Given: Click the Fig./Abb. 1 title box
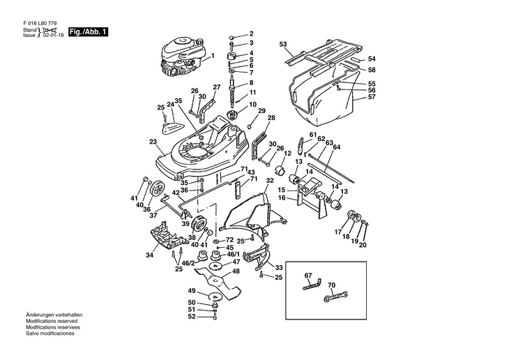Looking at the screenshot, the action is pyautogui.click(x=88, y=32).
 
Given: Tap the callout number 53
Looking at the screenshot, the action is pyautogui.click(x=283, y=44).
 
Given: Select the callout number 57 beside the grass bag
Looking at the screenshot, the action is pyautogui.click(x=372, y=97).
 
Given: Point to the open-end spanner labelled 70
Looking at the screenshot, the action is pyautogui.click(x=336, y=296).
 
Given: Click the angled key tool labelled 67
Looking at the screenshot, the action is pyautogui.click(x=312, y=284).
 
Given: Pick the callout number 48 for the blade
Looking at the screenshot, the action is pyautogui.click(x=236, y=271).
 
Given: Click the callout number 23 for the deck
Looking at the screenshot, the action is pyautogui.click(x=153, y=142).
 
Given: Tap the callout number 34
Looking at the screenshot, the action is pyautogui.click(x=149, y=255).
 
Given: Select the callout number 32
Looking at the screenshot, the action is pyautogui.click(x=270, y=181).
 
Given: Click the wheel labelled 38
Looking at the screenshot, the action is pyautogui.click(x=199, y=223).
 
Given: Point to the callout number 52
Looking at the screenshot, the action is pyautogui.click(x=192, y=316).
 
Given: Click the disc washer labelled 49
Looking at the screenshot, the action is pyautogui.click(x=215, y=297).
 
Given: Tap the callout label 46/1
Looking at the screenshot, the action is pyautogui.click(x=233, y=254).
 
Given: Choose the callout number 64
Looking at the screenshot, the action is pyautogui.click(x=337, y=147).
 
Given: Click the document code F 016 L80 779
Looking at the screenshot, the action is pyautogui.click(x=40, y=24).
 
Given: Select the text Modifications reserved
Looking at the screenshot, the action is pyautogui.click(x=52, y=321).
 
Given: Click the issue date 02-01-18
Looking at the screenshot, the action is pyautogui.click(x=53, y=35).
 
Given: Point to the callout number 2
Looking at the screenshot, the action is pyautogui.click(x=251, y=33).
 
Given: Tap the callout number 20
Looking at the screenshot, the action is pyautogui.click(x=363, y=245).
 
